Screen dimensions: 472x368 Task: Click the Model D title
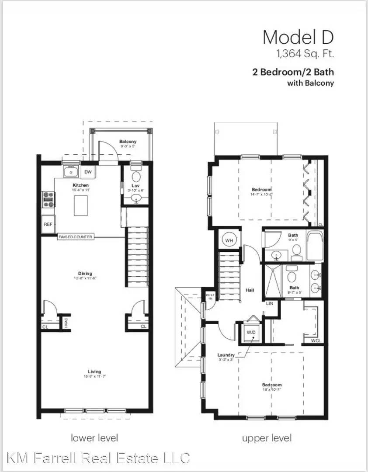(x=298, y=38)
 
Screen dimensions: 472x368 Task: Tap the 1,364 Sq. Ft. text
(x=304, y=54)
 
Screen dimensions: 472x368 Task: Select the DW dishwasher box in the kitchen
(x=88, y=172)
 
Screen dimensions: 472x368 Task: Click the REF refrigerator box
(x=48, y=224)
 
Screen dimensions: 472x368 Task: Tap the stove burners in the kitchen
(x=48, y=199)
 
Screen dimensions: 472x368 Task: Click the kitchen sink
(x=70, y=172)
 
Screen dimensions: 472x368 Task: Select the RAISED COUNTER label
(x=75, y=237)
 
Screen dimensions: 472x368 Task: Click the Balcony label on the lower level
(x=128, y=142)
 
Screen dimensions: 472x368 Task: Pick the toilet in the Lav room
(x=136, y=176)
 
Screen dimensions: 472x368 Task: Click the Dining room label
(x=85, y=274)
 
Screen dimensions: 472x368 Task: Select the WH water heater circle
(x=229, y=239)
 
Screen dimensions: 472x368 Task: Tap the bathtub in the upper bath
(x=314, y=247)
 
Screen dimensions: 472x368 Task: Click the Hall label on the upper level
(x=250, y=290)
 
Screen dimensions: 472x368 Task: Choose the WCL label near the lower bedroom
(x=316, y=340)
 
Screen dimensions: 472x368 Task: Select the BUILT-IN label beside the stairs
(x=210, y=298)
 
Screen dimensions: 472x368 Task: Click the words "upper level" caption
(x=267, y=437)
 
